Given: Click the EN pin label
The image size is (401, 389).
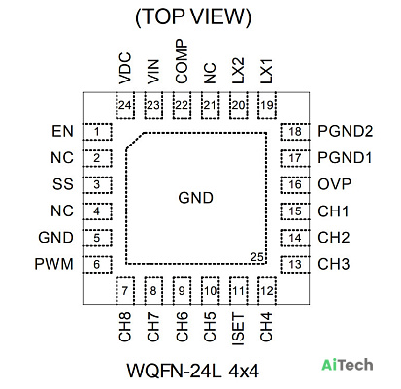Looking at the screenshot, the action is point(62,131).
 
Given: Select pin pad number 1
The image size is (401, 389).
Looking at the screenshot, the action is point(97,132).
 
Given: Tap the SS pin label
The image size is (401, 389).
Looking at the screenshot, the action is point(63,184).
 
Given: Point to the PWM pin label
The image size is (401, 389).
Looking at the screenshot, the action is point(53,264).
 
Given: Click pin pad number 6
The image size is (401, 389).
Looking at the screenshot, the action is point(97,265).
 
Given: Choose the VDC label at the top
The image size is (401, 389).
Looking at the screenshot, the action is point(125,68).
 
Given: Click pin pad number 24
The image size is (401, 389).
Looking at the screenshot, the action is point(125,106).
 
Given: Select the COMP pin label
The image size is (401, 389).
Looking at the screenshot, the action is point(182,61).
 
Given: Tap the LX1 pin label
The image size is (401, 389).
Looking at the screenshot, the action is point(266,71).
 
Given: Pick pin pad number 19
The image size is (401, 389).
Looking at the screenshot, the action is point(267,106).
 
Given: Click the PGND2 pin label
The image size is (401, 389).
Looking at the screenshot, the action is point(346,131).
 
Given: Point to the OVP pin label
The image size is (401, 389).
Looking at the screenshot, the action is point(334,184).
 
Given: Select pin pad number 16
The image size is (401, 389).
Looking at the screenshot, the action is point(295,185).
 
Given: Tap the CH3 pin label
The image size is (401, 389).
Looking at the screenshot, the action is point(334,264).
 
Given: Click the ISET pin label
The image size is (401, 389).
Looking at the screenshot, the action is point(238,330).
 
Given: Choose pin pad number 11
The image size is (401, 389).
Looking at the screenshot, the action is point(239,291).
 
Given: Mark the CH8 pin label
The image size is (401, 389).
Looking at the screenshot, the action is point(125,327).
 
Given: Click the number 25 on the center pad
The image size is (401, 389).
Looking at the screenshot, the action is point(257,257).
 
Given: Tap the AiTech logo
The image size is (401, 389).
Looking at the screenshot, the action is point(348,365).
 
